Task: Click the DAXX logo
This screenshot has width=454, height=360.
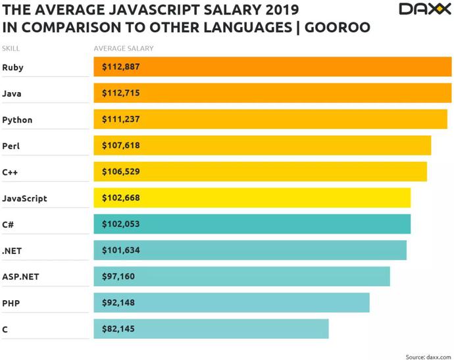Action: point(425,9)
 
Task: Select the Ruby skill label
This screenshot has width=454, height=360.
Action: point(13,68)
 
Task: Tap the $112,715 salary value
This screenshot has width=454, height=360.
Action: point(121,93)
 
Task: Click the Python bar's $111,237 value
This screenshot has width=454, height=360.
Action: point(121,119)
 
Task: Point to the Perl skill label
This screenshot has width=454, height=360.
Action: point(11,145)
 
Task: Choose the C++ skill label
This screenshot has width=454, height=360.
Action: point(10,172)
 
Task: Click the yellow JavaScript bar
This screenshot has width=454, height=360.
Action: point(252,198)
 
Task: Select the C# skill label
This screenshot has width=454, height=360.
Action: point(8,224)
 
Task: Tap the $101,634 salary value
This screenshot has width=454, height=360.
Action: point(121,250)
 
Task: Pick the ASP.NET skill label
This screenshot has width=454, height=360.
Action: point(20,276)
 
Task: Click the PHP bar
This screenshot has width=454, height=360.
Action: point(232,303)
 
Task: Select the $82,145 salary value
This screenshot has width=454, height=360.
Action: point(118,328)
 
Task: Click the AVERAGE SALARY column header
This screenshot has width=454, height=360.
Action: point(124,48)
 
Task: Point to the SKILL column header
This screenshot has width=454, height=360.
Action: point(11,48)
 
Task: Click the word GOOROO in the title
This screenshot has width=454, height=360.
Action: point(338,28)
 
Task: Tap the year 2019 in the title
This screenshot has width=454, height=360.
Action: point(282,10)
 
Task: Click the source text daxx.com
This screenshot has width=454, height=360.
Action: point(438,357)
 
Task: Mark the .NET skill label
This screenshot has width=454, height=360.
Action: point(12,251)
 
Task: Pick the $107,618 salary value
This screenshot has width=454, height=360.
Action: point(121,145)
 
